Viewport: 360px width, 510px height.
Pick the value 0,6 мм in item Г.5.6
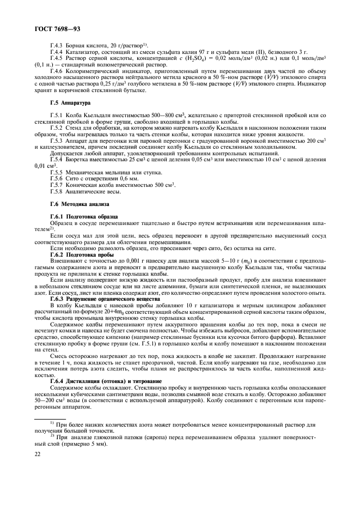pyautogui.click(x=120, y=178)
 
